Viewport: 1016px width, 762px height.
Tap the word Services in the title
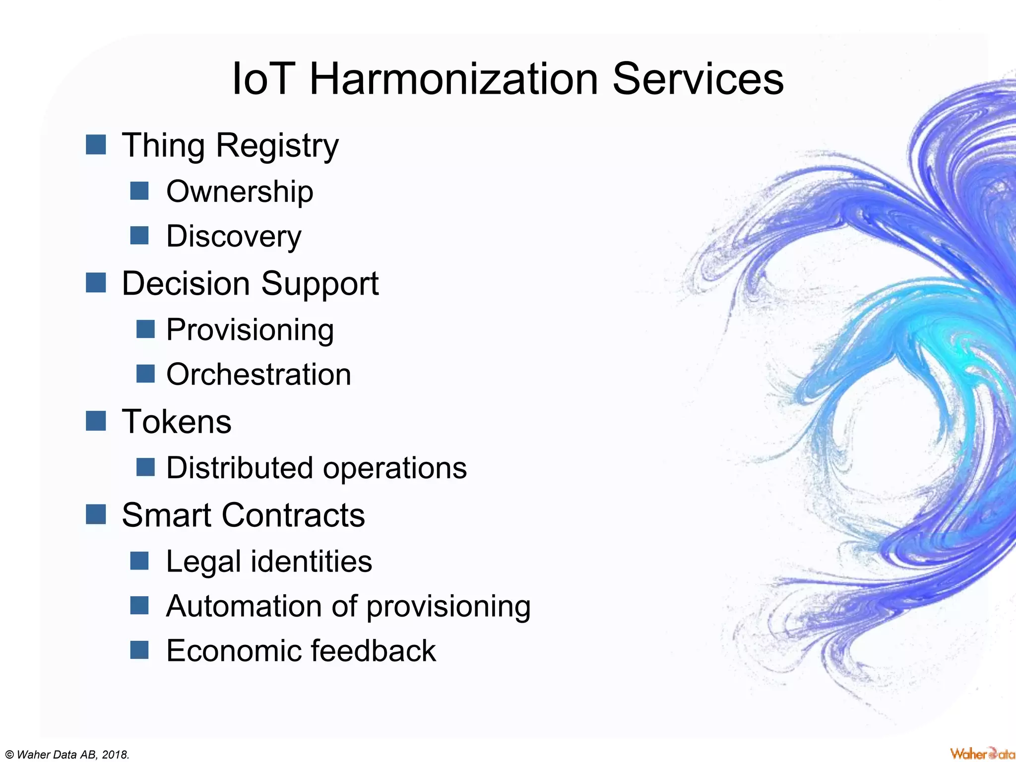coord(698,79)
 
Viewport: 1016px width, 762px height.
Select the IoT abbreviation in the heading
coord(262,79)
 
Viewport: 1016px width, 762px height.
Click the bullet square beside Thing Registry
coord(96,145)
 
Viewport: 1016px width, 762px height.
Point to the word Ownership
coord(240,191)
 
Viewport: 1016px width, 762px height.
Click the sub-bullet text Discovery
coord(233,236)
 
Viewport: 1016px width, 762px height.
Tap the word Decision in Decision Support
coord(186,284)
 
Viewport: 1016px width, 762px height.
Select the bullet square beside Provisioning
coord(145,329)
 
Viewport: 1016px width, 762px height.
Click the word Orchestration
coord(258,375)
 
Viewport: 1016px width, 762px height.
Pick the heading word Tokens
coord(177,422)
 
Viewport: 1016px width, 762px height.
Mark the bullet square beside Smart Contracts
coord(96,514)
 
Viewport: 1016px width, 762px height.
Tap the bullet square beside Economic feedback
coord(139,649)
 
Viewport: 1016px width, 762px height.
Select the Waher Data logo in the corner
coord(981,754)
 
